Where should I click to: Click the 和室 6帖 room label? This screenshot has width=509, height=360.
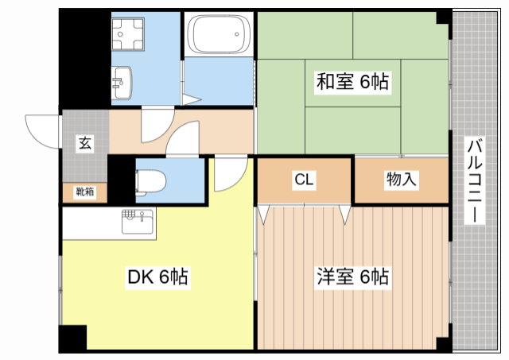tap(353, 81)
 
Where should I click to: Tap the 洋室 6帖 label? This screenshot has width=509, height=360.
tap(353, 277)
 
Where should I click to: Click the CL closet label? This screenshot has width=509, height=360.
tap(304, 180)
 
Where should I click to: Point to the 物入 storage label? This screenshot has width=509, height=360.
tap(401, 180)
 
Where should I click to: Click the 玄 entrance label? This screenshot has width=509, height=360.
tap(84, 144)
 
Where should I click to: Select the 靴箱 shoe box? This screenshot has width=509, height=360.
tap(84, 192)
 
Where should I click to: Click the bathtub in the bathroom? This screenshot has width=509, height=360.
tap(218, 35)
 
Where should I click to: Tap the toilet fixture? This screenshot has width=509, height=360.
tap(148, 182)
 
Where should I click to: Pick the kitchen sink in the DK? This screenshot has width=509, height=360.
tap(138, 220)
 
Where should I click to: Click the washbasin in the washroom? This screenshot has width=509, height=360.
tap(123, 79)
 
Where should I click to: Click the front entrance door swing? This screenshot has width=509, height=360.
tap(45, 130)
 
